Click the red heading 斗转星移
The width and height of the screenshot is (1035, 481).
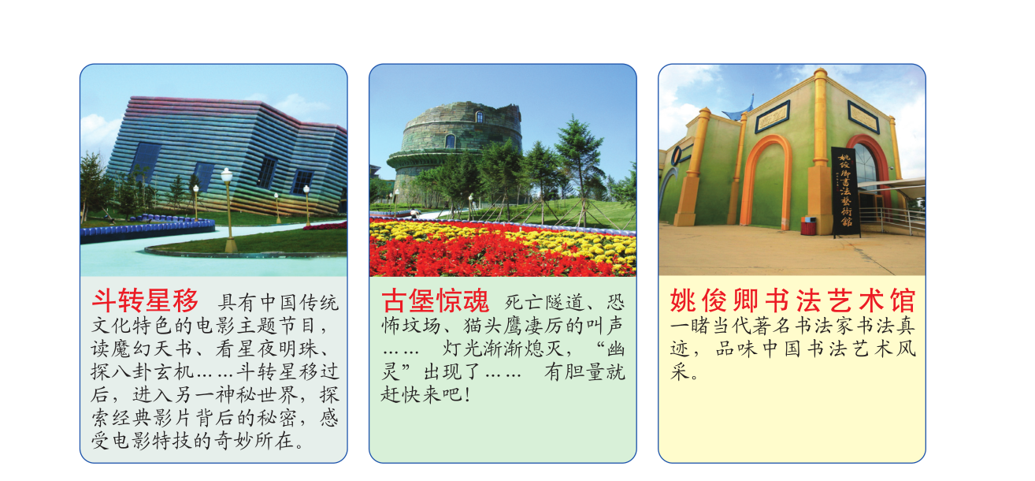(145, 300)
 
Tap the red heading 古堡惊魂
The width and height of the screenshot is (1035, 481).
(435, 300)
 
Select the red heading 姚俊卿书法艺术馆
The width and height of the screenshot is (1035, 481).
(792, 300)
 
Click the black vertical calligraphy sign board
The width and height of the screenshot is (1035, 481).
(845, 192)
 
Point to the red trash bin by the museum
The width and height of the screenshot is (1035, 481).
(808, 226)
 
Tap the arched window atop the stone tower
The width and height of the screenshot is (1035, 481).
(480, 117)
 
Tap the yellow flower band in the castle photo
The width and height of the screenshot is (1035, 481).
(503, 231)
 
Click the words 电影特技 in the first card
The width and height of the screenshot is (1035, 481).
(151, 441)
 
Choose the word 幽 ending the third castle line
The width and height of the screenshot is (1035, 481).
(615, 349)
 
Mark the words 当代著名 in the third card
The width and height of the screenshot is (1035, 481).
(752, 326)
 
